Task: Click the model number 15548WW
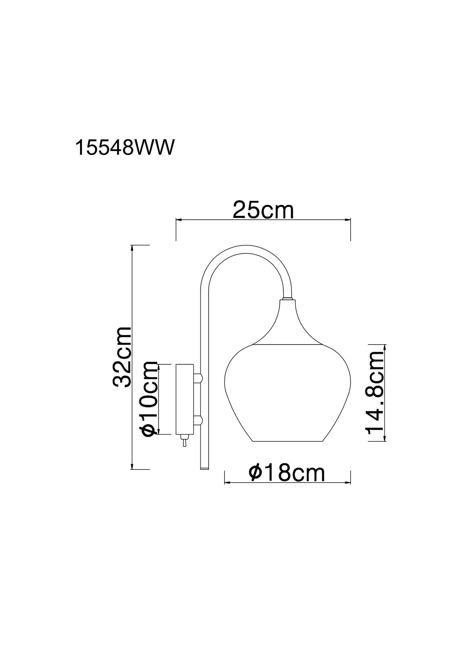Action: pos(125,148)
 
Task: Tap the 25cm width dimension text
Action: pos(263,210)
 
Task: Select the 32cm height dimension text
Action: pos(123,357)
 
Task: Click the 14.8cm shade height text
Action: pos(375,393)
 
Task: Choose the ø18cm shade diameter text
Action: pos(287,473)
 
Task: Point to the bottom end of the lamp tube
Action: pos(204,468)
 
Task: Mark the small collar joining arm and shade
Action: pos(287,299)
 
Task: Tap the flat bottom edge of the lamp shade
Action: pos(287,441)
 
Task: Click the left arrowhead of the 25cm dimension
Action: pos(178,220)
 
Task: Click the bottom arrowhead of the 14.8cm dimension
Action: pos(385,439)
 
